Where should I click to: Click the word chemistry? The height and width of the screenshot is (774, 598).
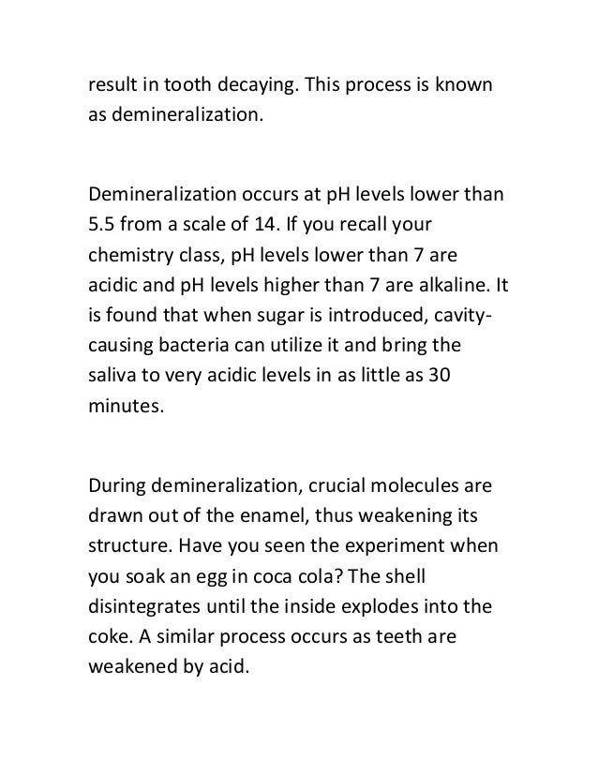130,256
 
